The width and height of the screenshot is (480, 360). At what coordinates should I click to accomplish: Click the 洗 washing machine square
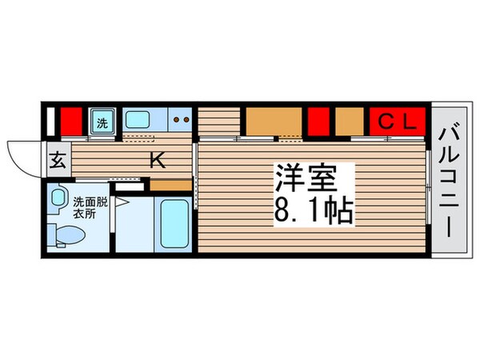pos(102,122)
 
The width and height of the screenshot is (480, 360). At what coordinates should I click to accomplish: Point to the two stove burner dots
pos(181,122)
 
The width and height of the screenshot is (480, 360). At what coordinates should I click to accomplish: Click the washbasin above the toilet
pos(58,197)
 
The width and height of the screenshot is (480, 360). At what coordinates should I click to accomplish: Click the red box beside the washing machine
pos(71,122)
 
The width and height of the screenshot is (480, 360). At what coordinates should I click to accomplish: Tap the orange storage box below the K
pos(170,186)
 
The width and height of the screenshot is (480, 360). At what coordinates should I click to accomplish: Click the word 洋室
pos(305,175)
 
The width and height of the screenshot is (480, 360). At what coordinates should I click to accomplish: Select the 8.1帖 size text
pos(315,210)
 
